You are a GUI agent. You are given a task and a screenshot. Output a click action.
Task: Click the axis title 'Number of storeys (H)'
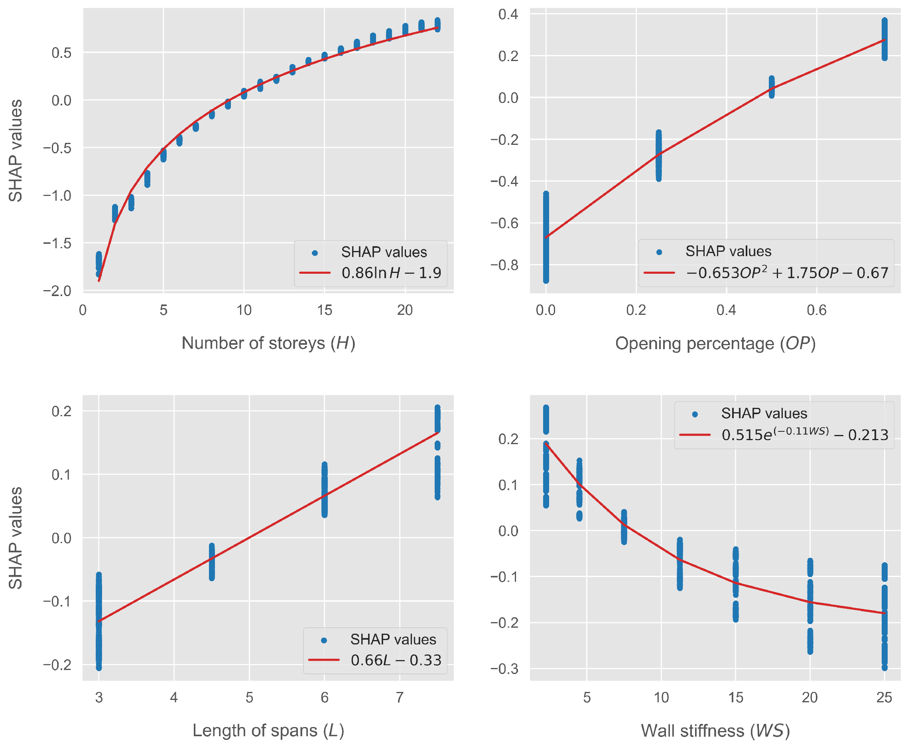click(268, 344)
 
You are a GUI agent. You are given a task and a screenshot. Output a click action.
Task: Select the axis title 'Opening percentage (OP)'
click(715, 344)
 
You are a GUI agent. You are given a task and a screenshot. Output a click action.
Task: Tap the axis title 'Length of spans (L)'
click(268, 731)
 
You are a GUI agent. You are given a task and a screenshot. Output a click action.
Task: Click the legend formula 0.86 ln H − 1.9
click(391, 273)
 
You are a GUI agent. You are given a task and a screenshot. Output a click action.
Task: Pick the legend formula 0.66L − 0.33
click(396, 660)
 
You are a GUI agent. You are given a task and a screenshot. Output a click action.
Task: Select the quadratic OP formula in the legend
click(787, 273)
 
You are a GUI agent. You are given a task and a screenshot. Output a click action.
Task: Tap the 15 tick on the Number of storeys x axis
click(324, 310)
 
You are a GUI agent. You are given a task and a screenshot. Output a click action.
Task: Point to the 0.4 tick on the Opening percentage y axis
click(508, 14)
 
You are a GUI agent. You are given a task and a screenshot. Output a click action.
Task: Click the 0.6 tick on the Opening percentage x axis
click(816, 310)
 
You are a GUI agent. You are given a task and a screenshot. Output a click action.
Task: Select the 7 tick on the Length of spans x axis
click(400, 698)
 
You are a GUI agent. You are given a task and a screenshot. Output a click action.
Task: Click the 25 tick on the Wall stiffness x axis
click(884, 698)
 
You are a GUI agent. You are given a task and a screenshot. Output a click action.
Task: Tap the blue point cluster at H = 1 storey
click(99, 264)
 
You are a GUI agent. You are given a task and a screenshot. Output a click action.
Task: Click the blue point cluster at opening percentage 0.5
click(772, 87)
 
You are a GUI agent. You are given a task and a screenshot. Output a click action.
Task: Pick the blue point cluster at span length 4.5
click(211, 562)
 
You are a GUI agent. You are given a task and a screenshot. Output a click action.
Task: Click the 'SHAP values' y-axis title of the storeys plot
click(16, 150)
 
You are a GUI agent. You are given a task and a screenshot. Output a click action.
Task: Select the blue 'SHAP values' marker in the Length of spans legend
click(324, 640)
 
